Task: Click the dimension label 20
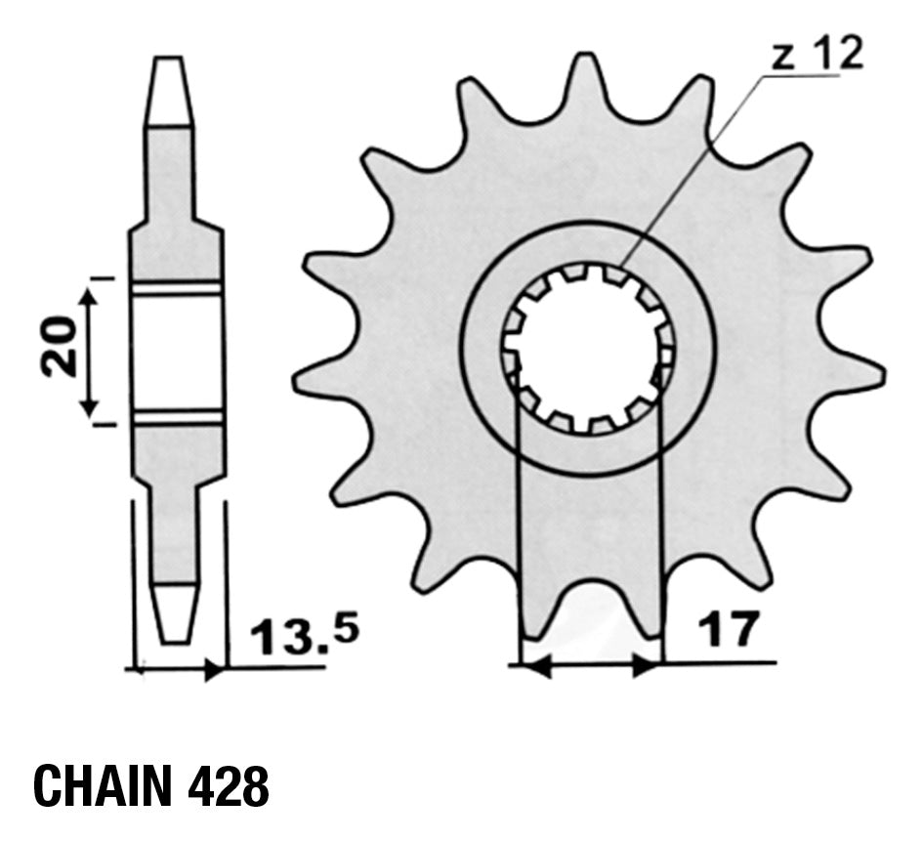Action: [x=59, y=347]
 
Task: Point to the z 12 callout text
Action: [x=818, y=54]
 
